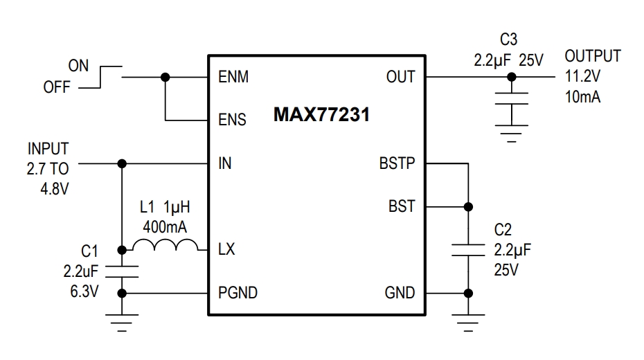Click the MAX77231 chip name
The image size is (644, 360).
(321, 115)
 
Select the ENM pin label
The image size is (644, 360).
(233, 78)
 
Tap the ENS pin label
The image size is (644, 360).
(232, 120)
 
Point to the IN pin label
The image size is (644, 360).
(224, 164)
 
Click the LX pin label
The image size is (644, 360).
(226, 249)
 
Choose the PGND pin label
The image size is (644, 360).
(238, 293)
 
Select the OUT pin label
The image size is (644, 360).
(400, 78)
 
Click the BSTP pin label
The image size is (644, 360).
(397, 164)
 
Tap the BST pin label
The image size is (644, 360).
(401, 206)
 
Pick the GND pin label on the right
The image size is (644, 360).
(400, 293)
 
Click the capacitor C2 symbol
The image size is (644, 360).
(468, 249)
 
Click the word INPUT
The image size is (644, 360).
(48, 149)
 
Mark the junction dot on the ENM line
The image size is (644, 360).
(165, 77)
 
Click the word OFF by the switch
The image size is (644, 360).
(57, 88)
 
